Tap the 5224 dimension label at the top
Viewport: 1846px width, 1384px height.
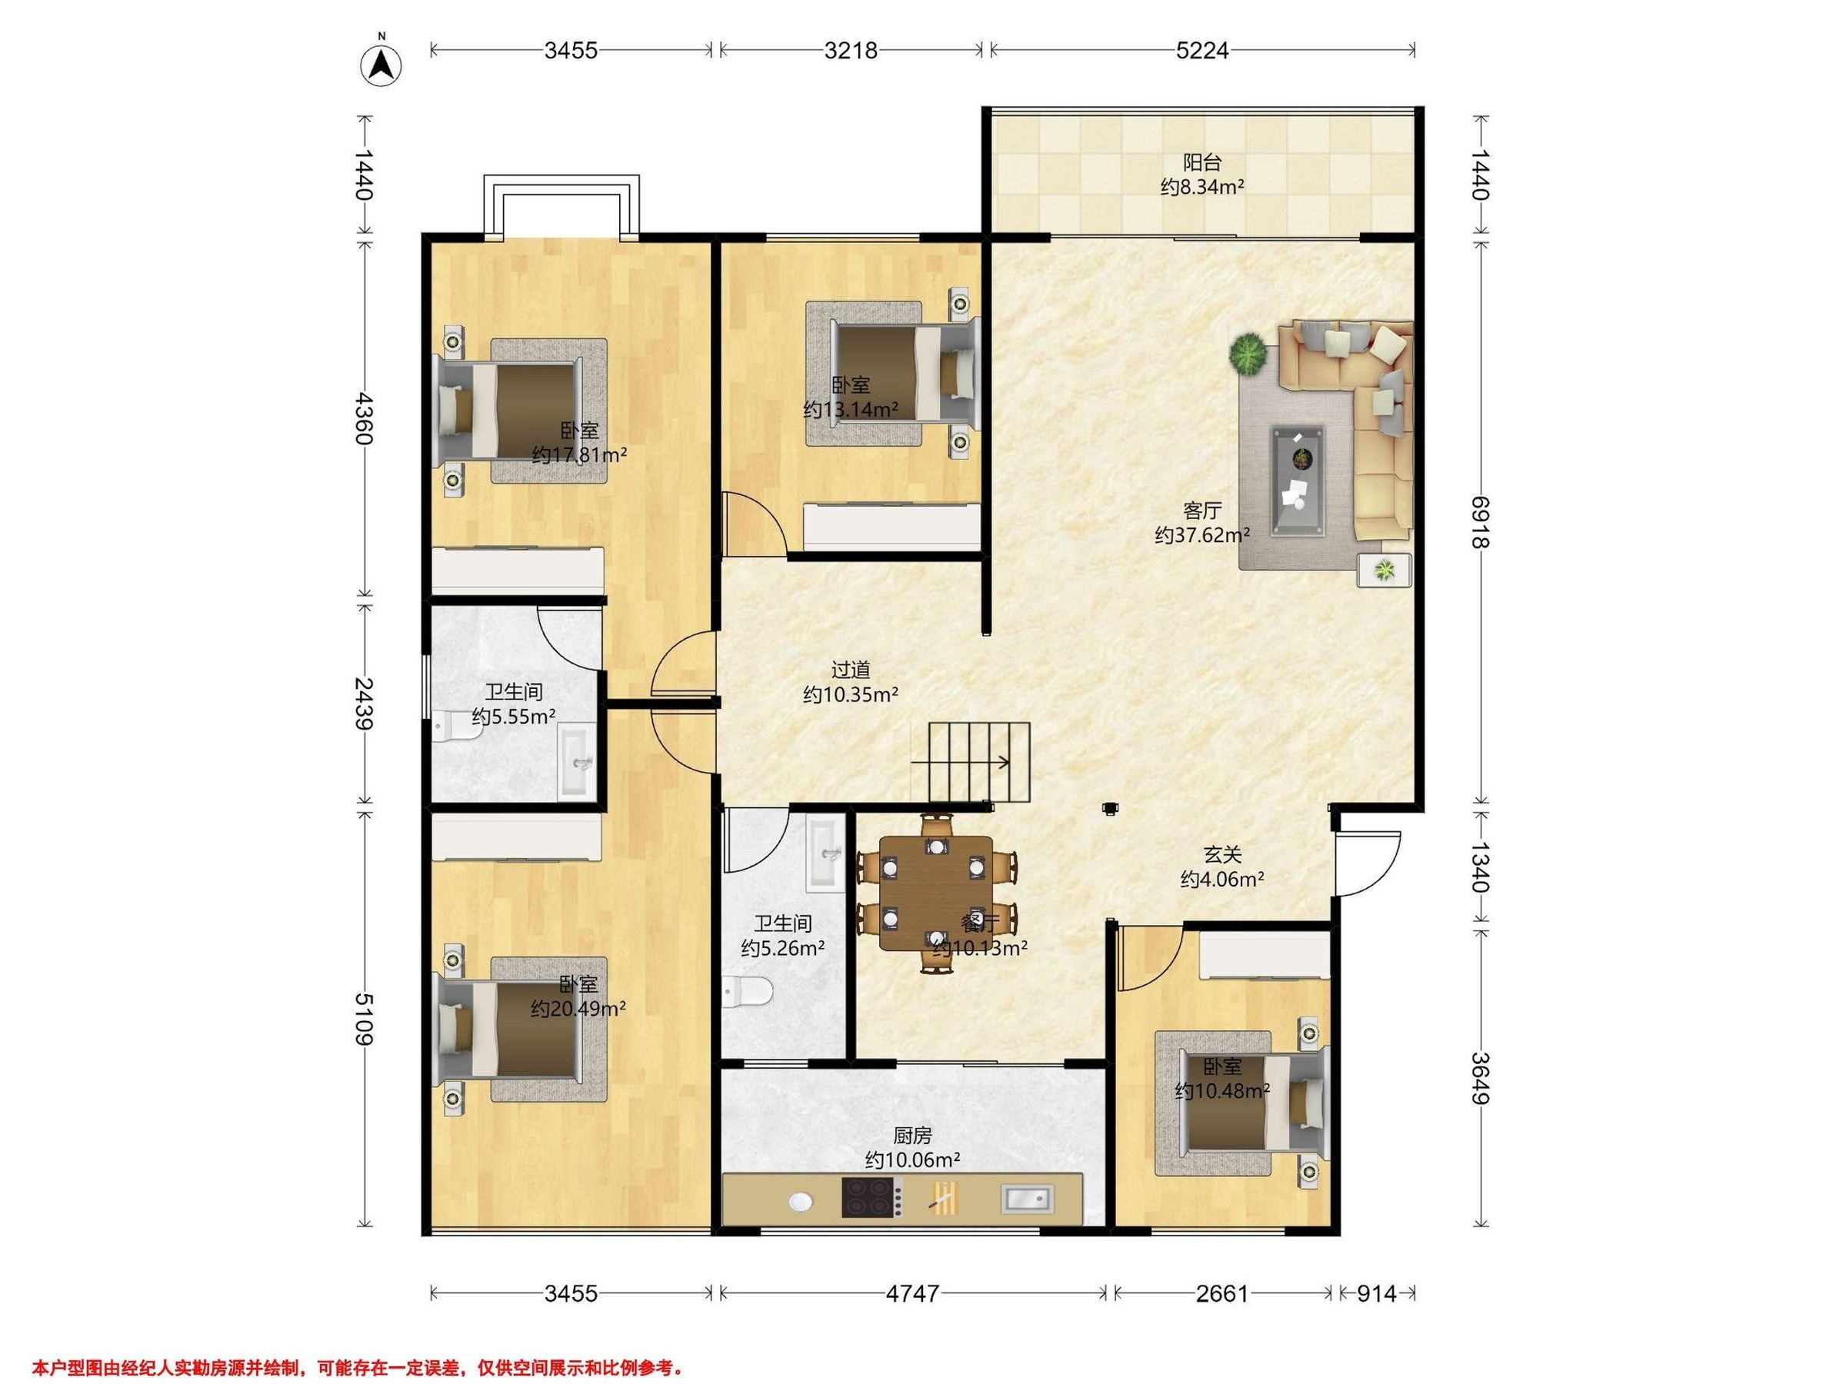tap(1201, 51)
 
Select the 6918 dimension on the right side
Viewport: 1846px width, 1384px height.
tap(1480, 522)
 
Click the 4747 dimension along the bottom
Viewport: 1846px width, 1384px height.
tap(913, 1293)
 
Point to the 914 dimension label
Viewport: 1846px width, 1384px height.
tap(1376, 1293)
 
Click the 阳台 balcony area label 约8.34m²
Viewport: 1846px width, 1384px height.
tap(1202, 187)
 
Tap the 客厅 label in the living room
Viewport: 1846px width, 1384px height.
tap(1202, 511)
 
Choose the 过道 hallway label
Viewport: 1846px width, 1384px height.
tap(851, 670)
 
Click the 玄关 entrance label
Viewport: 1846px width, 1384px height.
tap(1223, 854)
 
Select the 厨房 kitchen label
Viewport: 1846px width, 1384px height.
tap(912, 1136)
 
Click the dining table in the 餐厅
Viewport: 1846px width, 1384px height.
tap(936, 893)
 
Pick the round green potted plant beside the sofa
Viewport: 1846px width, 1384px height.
tap(1248, 354)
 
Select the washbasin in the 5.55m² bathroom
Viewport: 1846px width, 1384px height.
tap(576, 763)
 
